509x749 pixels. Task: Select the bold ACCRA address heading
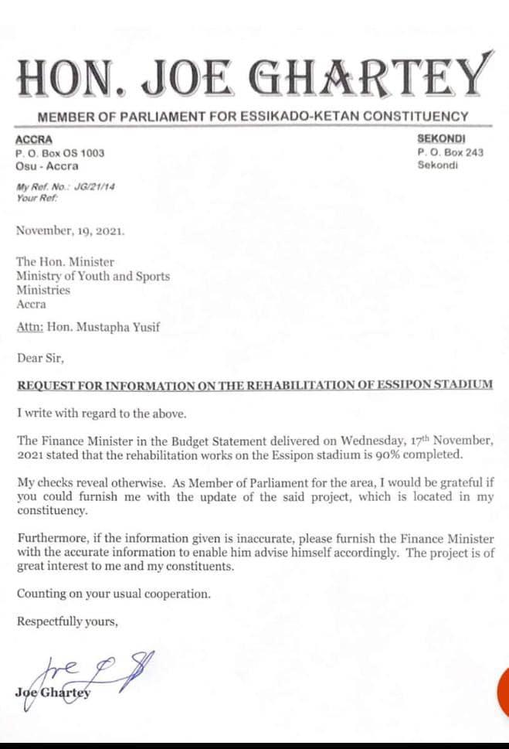(33, 141)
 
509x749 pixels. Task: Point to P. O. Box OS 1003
(60, 153)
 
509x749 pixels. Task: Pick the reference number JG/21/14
(93, 187)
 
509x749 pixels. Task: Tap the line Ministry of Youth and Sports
(93, 276)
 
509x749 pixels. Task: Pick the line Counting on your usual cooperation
(114, 594)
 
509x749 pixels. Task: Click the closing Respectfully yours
(67, 621)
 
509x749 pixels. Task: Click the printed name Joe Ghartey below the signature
(53, 692)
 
